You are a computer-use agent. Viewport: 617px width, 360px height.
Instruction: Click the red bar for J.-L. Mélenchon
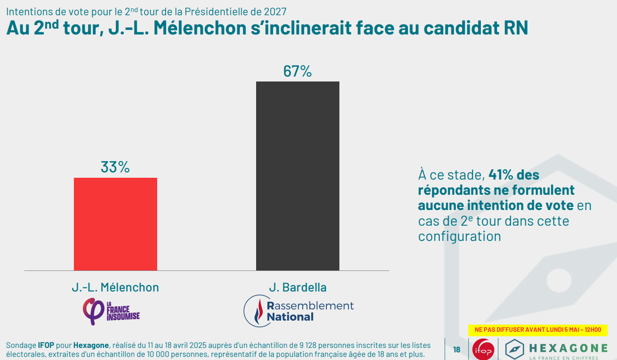click(x=116, y=224)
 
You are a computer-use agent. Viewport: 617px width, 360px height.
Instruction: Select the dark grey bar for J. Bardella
click(x=297, y=176)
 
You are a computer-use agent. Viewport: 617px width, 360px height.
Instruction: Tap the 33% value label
click(x=115, y=167)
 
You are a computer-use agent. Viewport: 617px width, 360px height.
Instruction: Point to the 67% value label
click(x=297, y=71)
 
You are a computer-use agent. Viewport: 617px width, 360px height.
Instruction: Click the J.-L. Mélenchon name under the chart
click(x=115, y=287)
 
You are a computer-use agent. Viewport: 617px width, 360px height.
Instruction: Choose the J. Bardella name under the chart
click(x=297, y=287)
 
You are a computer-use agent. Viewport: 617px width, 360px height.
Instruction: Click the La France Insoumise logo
click(x=111, y=312)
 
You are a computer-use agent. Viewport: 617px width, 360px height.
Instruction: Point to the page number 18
click(x=457, y=350)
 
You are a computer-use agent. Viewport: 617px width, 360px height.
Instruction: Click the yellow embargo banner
click(x=538, y=330)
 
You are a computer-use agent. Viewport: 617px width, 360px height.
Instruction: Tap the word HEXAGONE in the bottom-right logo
click(x=568, y=348)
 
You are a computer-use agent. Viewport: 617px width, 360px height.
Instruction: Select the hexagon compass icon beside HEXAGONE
click(x=515, y=349)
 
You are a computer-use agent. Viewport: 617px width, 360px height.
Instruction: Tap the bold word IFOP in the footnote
click(x=47, y=345)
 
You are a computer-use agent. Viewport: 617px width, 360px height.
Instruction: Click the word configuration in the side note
click(x=459, y=236)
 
